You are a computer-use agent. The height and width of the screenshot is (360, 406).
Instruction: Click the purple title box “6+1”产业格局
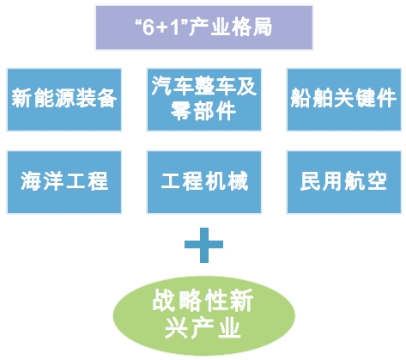pos(203,27)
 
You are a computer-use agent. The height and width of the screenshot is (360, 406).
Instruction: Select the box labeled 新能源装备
pos(64,100)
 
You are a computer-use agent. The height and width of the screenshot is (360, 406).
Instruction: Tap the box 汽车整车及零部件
pos(204,100)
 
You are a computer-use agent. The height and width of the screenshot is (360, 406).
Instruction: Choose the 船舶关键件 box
pos(344,100)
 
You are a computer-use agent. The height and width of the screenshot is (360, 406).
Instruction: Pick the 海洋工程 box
pos(64,182)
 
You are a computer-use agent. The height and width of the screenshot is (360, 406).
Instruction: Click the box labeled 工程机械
pos(204,182)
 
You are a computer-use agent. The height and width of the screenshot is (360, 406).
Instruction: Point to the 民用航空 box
pos(344,182)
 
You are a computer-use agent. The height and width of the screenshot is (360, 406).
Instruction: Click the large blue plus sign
pos(203,245)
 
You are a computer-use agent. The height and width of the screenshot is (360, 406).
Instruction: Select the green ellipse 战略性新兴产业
pos(203,315)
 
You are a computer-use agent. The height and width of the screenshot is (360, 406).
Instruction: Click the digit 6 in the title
pos(148,27)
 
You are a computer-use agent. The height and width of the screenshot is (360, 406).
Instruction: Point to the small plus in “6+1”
pos(163,28)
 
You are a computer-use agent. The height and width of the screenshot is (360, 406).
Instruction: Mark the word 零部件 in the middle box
pos(203,111)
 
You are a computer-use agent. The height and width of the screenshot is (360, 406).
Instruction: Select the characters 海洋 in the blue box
pos(42,181)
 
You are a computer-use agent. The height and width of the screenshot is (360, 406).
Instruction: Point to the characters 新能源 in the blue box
pos(43,98)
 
